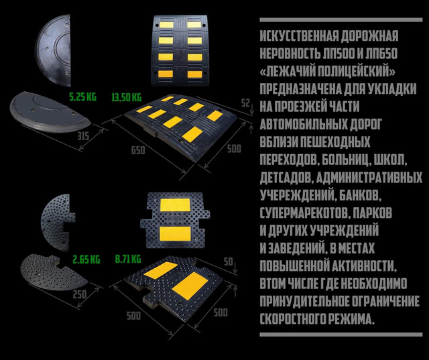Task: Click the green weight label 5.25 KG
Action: coord(83,97)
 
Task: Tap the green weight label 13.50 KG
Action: coord(125,97)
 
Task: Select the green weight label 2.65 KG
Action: coord(86,258)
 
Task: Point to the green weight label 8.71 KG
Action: coord(127,258)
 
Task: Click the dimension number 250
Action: coord(79,295)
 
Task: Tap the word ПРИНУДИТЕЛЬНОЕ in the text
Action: coord(306,300)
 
